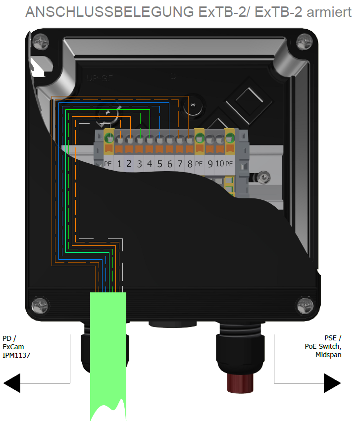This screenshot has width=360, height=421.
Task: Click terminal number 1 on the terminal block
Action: pyautogui.click(x=119, y=163)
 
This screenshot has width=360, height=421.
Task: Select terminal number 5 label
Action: pyautogui.click(x=159, y=163)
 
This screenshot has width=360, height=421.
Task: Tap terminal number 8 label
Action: pyautogui.click(x=189, y=163)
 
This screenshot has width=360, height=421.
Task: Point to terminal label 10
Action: pyautogui.click(x=219, y=163)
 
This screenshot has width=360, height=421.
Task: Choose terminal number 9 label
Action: pyautogui.click(x=210, y=163)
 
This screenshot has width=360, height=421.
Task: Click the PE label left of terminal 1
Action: pyautogui.click(x=109, y=164)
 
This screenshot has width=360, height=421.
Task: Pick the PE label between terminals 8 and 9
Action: pyautogui.click(x=199, y=164)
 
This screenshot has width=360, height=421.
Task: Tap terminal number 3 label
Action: pyautogui.click(x=140, y=163)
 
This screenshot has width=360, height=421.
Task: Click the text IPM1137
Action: pyautogui.click(x=17, y=355)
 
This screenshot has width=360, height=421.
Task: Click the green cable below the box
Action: pyautogui.click(x=108, y=346)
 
